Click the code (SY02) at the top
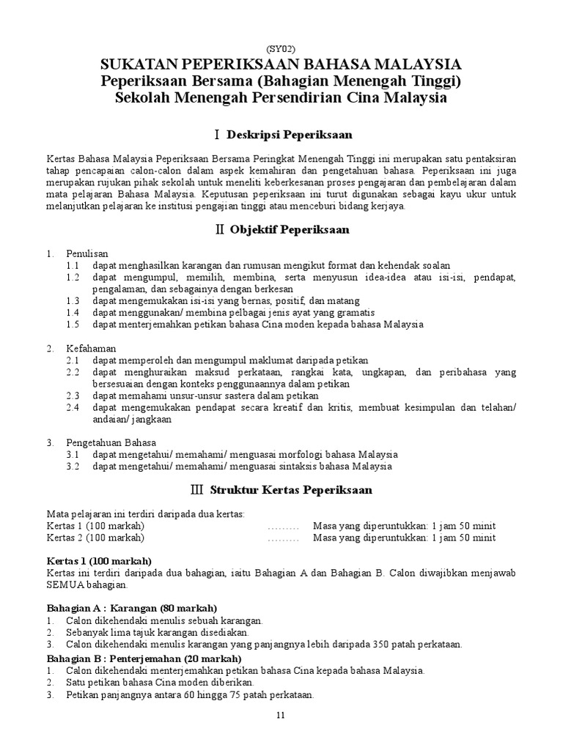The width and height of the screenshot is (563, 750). coord(281,49)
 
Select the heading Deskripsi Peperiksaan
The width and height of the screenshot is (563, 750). coord(290,135)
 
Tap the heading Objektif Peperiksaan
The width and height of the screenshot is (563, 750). coord(289,229)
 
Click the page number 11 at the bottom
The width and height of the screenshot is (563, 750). coord(281,715)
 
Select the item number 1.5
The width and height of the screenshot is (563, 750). coord(72,324)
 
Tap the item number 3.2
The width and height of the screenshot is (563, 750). coord(72,466)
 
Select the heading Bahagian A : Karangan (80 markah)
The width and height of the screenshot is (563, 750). coord(132,609)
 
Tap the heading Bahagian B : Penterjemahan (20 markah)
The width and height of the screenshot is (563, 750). coord(144,658)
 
